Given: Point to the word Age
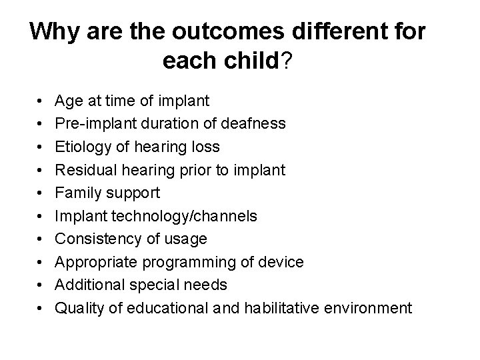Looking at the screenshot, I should (68, 101).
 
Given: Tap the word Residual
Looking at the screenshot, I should (83, 170).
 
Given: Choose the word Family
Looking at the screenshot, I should (76, 193).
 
